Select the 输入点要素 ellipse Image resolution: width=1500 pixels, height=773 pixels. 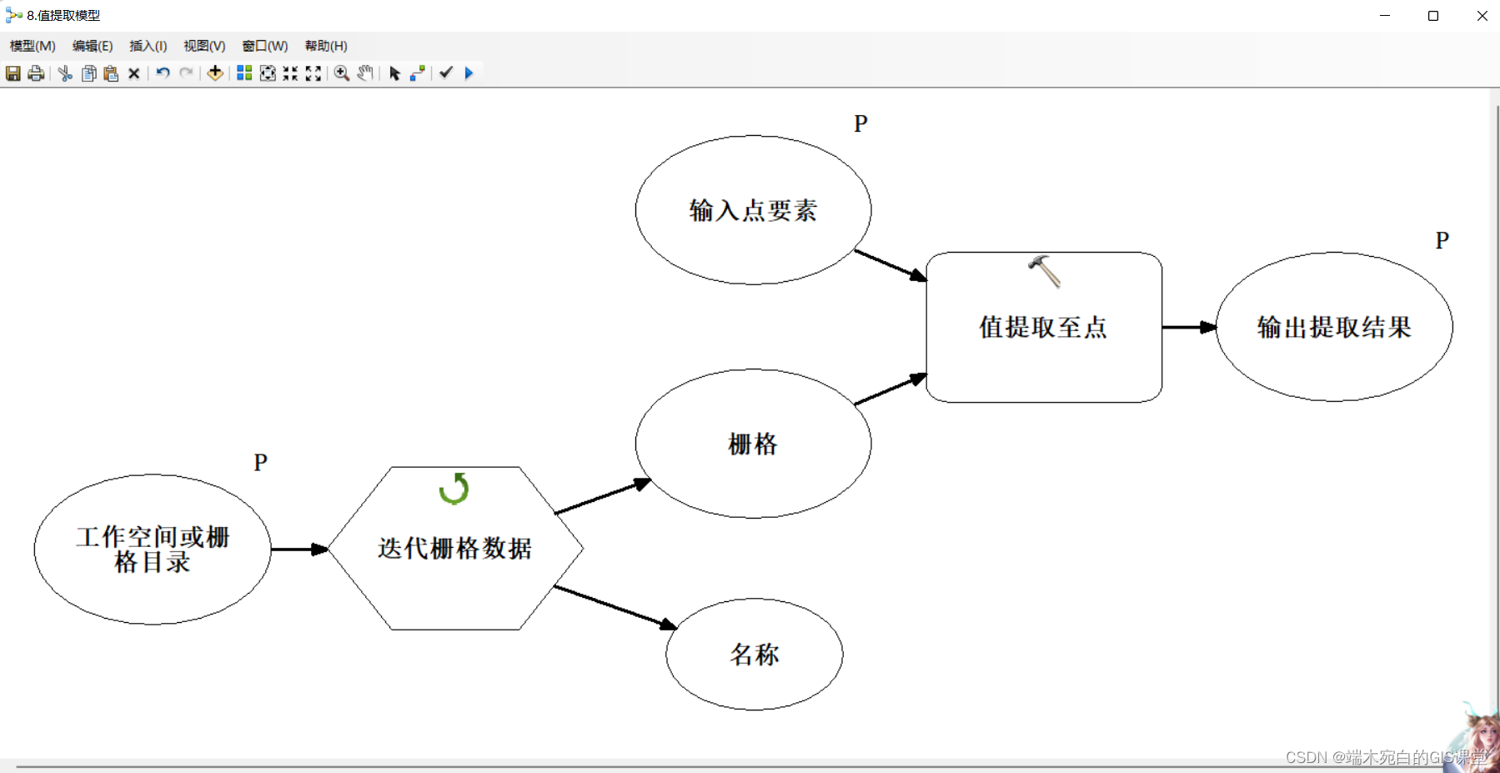point(753,210)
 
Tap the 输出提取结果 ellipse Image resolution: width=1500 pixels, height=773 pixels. point(1334,327)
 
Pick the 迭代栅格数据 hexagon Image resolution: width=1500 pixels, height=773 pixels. point(455,548)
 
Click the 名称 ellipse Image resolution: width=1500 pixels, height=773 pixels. point(754,655)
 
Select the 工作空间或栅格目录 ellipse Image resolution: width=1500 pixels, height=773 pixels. point(153,550)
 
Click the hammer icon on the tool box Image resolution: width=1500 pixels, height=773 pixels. point(1044,271)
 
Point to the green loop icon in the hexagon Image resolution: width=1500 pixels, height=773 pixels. point(454,489)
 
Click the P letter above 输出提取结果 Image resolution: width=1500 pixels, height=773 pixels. point(1442,241)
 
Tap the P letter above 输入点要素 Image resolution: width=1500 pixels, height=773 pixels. point(860,124)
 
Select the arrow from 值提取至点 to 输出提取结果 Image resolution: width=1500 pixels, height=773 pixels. point(1188,327)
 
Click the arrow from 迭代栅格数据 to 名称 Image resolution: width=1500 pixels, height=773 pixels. point(615,606)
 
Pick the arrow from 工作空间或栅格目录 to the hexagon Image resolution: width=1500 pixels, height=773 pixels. point(299,549)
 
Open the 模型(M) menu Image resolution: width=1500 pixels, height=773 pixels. point(33,46)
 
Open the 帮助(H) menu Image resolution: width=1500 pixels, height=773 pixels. point(326,46)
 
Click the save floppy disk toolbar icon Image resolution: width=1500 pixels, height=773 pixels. point(13,73)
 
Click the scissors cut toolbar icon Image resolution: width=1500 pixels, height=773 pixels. point(65,73)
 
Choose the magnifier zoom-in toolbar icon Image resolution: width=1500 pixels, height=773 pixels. point(342,73)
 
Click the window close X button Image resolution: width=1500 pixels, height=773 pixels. point(1482,16)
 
